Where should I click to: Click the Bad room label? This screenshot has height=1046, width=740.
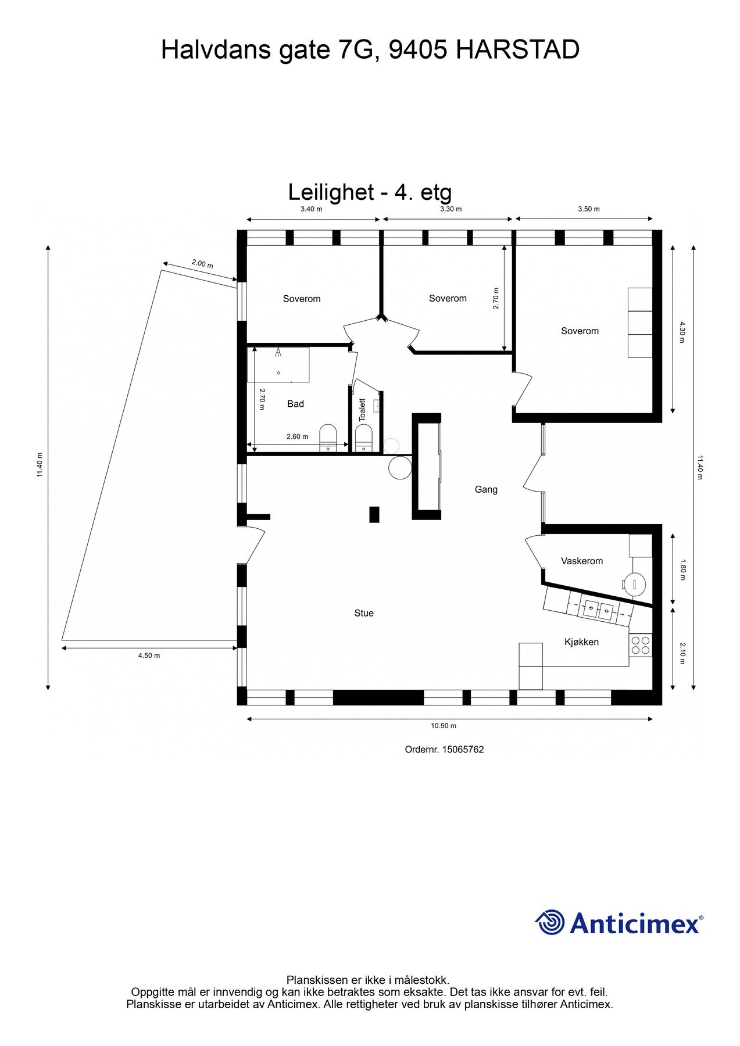click(x=295, y=404)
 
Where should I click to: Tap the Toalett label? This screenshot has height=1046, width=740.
click(x=362, y=409)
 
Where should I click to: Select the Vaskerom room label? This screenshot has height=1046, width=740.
click(x=581, y=561)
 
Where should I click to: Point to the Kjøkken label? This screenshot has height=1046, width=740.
click(x=581, y=642)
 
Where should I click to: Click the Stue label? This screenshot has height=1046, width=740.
click(x=364, y=613)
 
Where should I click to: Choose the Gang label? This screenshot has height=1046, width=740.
click(x=486, y=489)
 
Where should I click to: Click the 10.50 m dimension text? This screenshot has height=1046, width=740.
click(x=444, y=726)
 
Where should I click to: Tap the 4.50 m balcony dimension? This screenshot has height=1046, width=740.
click(x=149, y=655)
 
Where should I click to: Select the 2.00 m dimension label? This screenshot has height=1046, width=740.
click(x=202, y=264)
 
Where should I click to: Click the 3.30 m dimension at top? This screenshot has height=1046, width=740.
click(x=451, y=209)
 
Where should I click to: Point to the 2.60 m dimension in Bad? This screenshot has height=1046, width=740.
click(x=297, y=436)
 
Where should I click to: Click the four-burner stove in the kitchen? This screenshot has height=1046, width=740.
click(x=641, y=645)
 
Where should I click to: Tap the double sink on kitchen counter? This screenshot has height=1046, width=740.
click(x=598, y=609)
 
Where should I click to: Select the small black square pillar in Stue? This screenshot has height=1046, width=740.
click(x=374, y=514)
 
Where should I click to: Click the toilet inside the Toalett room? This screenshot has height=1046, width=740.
click(x=363, y=438)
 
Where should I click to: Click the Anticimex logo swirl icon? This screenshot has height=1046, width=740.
click(x=550, y=922)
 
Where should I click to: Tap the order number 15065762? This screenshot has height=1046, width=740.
click(x=463, y=750)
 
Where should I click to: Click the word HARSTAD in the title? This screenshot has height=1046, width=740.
click(x=517, y=50)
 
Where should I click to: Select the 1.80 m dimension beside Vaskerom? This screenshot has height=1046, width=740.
click(x=683, y=569)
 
